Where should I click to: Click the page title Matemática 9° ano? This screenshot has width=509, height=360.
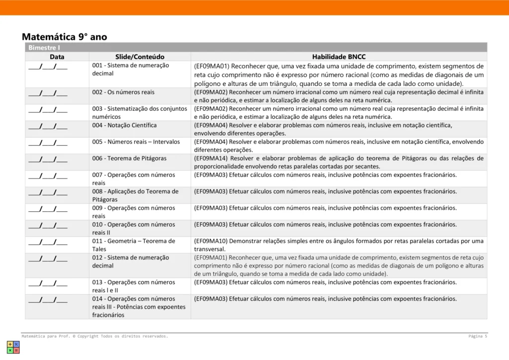[64, 37]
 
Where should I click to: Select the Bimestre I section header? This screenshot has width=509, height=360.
[44, 48]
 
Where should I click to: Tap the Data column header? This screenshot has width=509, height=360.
[57, 57]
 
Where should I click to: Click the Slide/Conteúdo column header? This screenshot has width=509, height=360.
[140, 57]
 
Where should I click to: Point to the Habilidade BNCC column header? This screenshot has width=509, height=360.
[339, 57]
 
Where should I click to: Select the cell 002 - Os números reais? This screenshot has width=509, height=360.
[123, 92]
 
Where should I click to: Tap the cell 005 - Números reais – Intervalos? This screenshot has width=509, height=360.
[136, 142]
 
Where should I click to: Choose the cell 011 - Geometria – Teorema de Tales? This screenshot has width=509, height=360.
[133, 245]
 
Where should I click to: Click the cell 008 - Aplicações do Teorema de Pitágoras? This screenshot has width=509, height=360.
[135, 195]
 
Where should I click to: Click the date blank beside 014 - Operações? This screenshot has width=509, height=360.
[48, 299]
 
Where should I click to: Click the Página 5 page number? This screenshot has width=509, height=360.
[477, 336]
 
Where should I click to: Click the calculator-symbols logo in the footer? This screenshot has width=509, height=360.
[13, 347]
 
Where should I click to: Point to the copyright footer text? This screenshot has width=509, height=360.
[94, 336]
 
